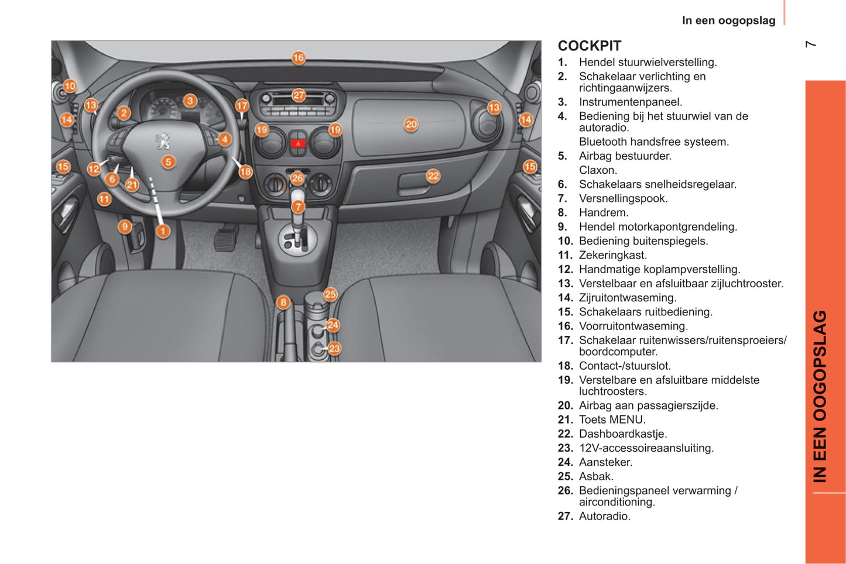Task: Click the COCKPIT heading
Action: pyautogui.click(x=589, y=46)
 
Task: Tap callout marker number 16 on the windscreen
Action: pyautogui.click(x=299, y=57)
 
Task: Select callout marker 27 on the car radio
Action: pyautogui.click(x=299, y=95)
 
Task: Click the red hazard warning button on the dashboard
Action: pyautogui.click(x=298, y=143)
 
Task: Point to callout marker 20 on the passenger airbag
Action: pyautogui.click(x=411, y=124)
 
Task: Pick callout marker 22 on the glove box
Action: pyautogui.click(x=433, y=176)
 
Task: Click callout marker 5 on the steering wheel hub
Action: pyautogui.click(x=169, y=161)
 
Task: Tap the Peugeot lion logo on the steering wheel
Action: pyautogui.click(x=163, y=140)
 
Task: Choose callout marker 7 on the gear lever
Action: pyautogui.click(x=298, y=207)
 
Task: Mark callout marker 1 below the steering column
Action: pyautogui.click(x=163, y=231)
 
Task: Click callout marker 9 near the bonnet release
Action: pyautogui.click(x=125, y=226)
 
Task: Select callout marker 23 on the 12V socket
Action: pyautogui.click(x=334, y=348)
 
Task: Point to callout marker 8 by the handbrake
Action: pyautogui.click(x=283, y=302)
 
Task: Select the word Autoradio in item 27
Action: pyautogui.click(x=604, y=516)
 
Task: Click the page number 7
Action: pyautogui.click(x=811, y=44)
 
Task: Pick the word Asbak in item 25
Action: pyautogui.click(x=595, y=476)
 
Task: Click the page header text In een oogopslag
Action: pyautogui.click(x=728, y=20)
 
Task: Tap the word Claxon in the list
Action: pyautogui.click(x=597, y=170)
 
